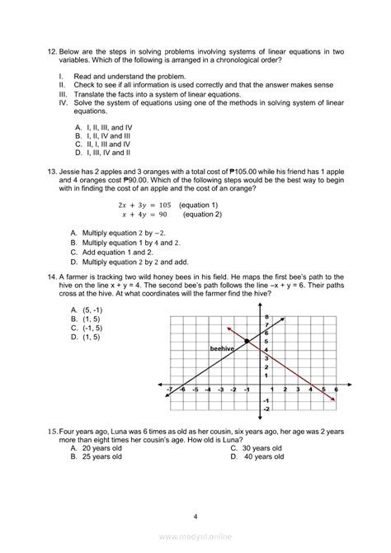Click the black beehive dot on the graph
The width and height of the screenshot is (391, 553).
[248, 341]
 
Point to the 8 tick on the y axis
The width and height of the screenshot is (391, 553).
[266, 318]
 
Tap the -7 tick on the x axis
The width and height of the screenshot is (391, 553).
[168, 388]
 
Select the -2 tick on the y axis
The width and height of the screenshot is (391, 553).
[266, 409]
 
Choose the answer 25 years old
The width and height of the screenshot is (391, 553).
[97, 456]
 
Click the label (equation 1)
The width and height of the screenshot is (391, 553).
[197, 204]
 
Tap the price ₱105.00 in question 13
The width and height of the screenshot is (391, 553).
[228, 168]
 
